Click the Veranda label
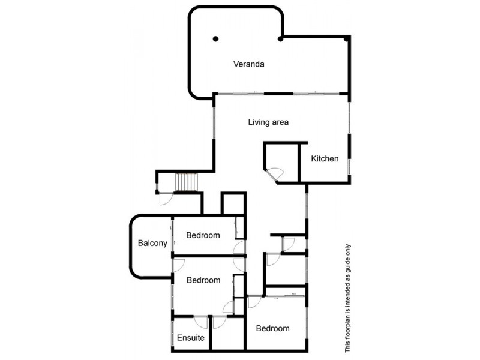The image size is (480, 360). pos(249,64)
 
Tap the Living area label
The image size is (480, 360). pos(268,122)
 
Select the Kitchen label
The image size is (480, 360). pos(325,159)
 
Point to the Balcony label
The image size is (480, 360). pos(152,243)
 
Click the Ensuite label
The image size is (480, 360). pos(191,338)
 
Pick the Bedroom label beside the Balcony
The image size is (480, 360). pos(203,235)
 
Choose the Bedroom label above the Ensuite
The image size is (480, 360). pos(203,280)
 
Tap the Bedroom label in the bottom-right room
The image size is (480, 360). pos(272,328)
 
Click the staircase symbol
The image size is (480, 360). pos(185,182)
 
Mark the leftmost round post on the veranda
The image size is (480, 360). pos(215,40)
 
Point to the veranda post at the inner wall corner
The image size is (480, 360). pos(281,40)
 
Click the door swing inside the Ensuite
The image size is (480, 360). pos(202,322)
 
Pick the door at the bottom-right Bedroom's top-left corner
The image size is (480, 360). pos(254,302)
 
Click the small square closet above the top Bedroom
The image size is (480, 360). pos(233,203)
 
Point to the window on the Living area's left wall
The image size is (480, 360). pos(214,123)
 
